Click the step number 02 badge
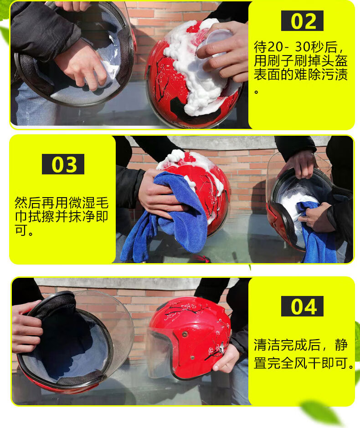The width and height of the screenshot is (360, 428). [x=302, y=21]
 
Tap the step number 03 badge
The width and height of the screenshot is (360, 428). [x=63, y=164]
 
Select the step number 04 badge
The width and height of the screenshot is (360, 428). [x=302, y=306]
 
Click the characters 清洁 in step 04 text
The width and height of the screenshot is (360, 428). [x=267, y=345]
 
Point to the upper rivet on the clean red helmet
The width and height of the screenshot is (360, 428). [x=185, y=334]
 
